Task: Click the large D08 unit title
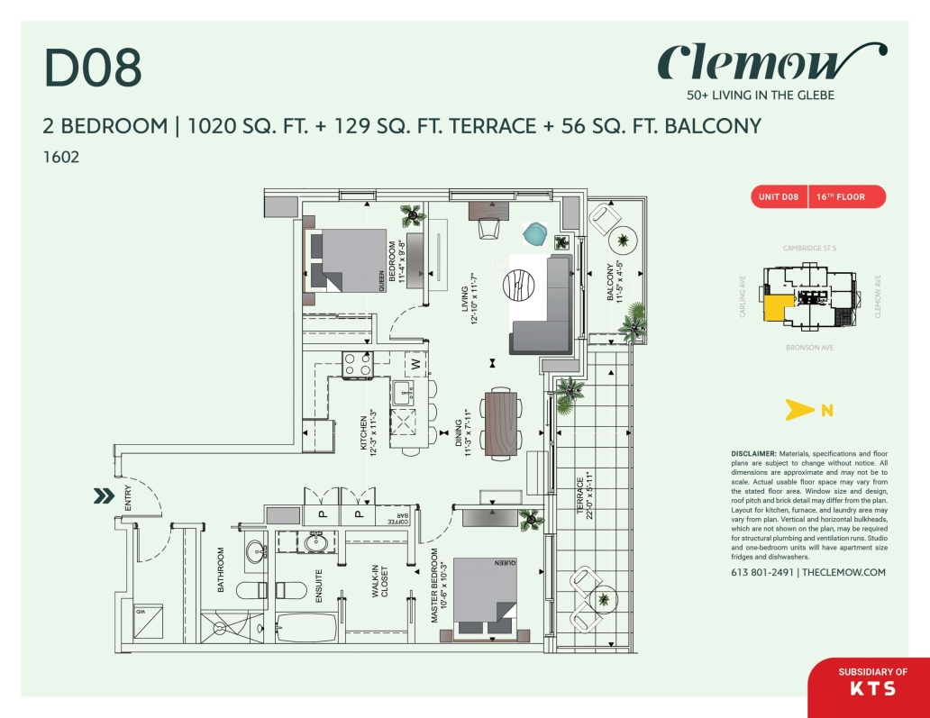pos(93,68)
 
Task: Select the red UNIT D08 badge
pos(776,196)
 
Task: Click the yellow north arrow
pos(798,411)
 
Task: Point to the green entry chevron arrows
pos(103,495)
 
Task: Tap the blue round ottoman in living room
pos(536,234)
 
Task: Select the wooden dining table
pos(501,423)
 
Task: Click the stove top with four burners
pos(358,364)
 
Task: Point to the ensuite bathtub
pos(306,626)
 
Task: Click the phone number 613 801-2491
pos(762,573)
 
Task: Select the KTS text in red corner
pos(872,689)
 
